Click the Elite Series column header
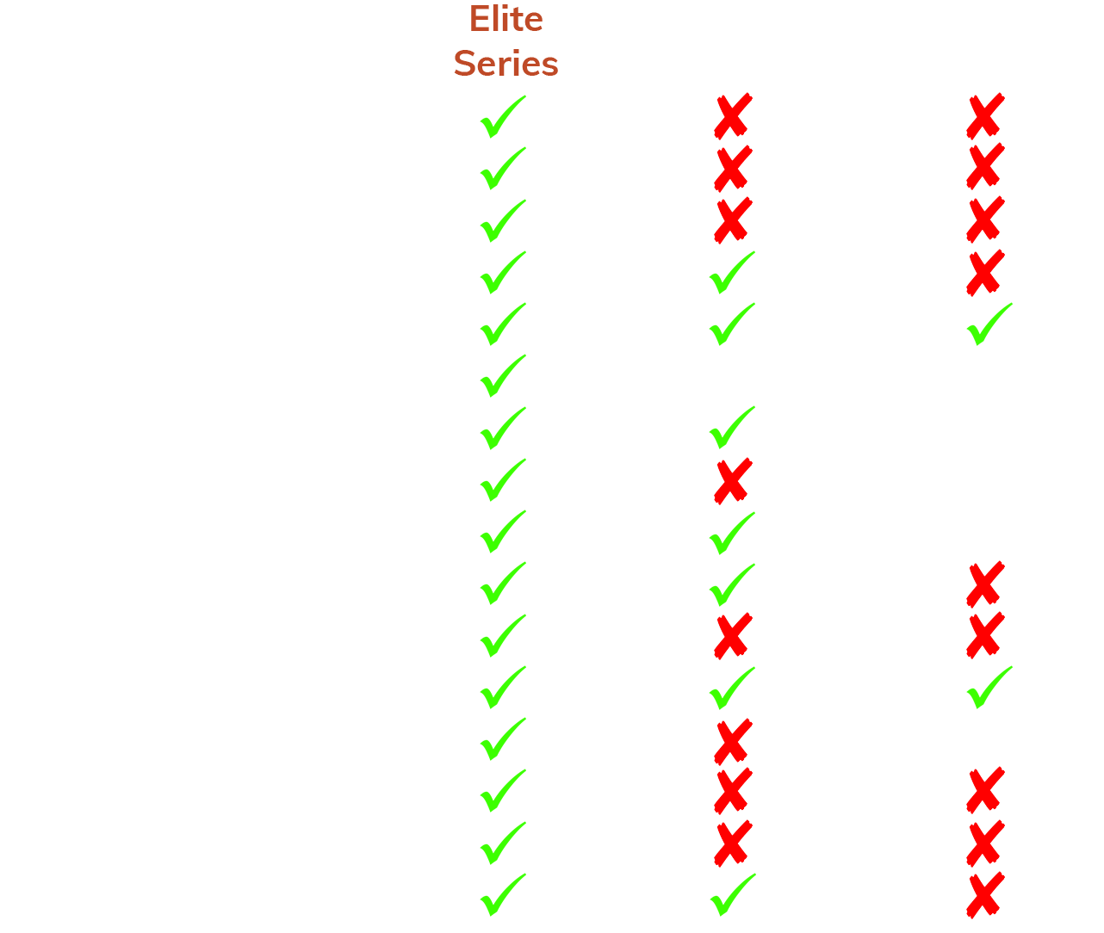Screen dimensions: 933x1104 pyautogui.click(x=505, y=41)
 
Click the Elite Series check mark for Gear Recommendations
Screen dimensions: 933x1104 pyautogui.click(x=502, y=376)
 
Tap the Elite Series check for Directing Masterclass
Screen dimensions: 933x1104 pyautogui.click(x=502, y=739)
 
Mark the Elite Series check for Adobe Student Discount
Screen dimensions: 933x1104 pyautogui.click(x=502, y=117)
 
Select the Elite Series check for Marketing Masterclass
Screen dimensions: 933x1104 pyautogui.click(x=502, y=843)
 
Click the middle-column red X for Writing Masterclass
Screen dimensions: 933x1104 pyautogui.click(x=733, y=480)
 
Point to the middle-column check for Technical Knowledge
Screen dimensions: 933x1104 pyautogui.click(x=731, y=428)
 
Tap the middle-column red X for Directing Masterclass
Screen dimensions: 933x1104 pyautogui.click(x=733, y=741)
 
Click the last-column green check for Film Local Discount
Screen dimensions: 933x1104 pyautogui.click(x=989, y=324)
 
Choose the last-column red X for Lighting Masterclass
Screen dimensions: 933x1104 pyautogui.click(x=985, y=584)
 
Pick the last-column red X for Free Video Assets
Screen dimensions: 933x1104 pyautogui.click(x=985, y=273)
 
